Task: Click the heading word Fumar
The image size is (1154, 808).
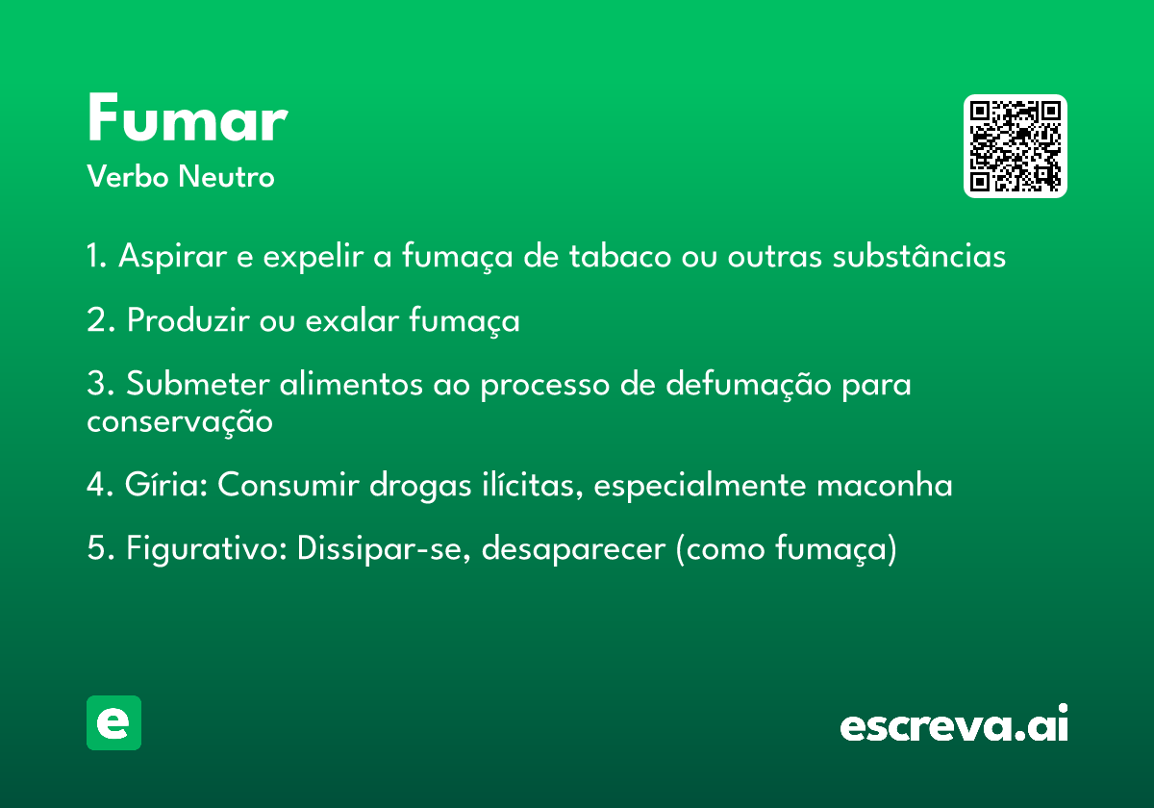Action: pos(188,117)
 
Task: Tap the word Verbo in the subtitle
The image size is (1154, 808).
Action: pos(128,177)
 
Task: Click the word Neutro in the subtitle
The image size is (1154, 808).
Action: pos(226,177)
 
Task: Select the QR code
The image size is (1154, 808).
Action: pos(1015,146)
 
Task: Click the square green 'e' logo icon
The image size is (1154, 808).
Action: pos(113,722)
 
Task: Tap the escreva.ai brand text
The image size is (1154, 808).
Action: pos(954,723)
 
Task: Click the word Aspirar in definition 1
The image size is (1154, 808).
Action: pos(172,256)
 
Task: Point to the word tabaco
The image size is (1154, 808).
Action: pos(620,256)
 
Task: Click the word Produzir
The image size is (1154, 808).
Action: pos(188,320)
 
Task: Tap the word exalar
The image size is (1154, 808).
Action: pos(352,320)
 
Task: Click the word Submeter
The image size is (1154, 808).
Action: pos(198,384)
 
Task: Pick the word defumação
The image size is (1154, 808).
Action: pos(748,385)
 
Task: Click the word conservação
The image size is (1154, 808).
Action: pos(180,422)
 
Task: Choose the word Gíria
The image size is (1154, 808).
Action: pos(165,485)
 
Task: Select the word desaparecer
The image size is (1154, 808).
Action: pos(573,549)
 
